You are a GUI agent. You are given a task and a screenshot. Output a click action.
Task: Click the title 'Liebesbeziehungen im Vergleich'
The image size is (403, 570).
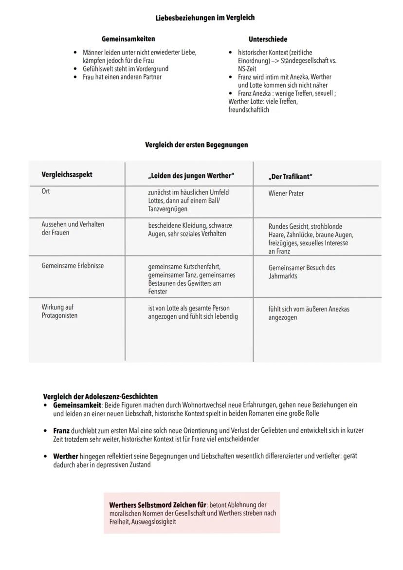205,18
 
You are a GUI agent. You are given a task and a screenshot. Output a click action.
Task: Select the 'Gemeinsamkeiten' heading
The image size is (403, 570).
128,39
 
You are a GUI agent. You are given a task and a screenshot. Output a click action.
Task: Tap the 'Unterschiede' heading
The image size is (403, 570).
268,39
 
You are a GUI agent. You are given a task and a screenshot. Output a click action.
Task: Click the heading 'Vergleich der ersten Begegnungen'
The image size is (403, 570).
196,145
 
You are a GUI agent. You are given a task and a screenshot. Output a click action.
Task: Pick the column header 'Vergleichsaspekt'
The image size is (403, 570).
67,174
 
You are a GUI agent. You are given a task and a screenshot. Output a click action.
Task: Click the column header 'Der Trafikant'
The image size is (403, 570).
290,176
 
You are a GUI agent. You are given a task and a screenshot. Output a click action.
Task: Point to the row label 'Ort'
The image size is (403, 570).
46,191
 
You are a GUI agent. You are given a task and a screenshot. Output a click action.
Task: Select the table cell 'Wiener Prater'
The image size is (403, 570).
286,193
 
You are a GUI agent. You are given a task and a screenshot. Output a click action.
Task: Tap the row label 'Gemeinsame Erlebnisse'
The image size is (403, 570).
73,266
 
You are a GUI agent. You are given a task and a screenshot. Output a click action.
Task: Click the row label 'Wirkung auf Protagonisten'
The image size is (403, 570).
59,312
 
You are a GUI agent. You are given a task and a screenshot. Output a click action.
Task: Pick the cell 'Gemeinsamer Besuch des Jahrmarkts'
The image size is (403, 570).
301,272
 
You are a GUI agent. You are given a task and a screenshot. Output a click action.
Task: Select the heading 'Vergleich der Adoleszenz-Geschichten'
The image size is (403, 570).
100,396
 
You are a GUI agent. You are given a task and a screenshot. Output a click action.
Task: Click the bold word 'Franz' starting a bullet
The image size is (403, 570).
61,431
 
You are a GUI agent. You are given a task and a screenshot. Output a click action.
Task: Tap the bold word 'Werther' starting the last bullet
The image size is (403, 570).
65,457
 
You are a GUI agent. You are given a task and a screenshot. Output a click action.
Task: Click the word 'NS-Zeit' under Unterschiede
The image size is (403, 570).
247,69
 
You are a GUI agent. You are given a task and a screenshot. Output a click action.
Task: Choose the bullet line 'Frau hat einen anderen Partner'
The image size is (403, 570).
122,77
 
